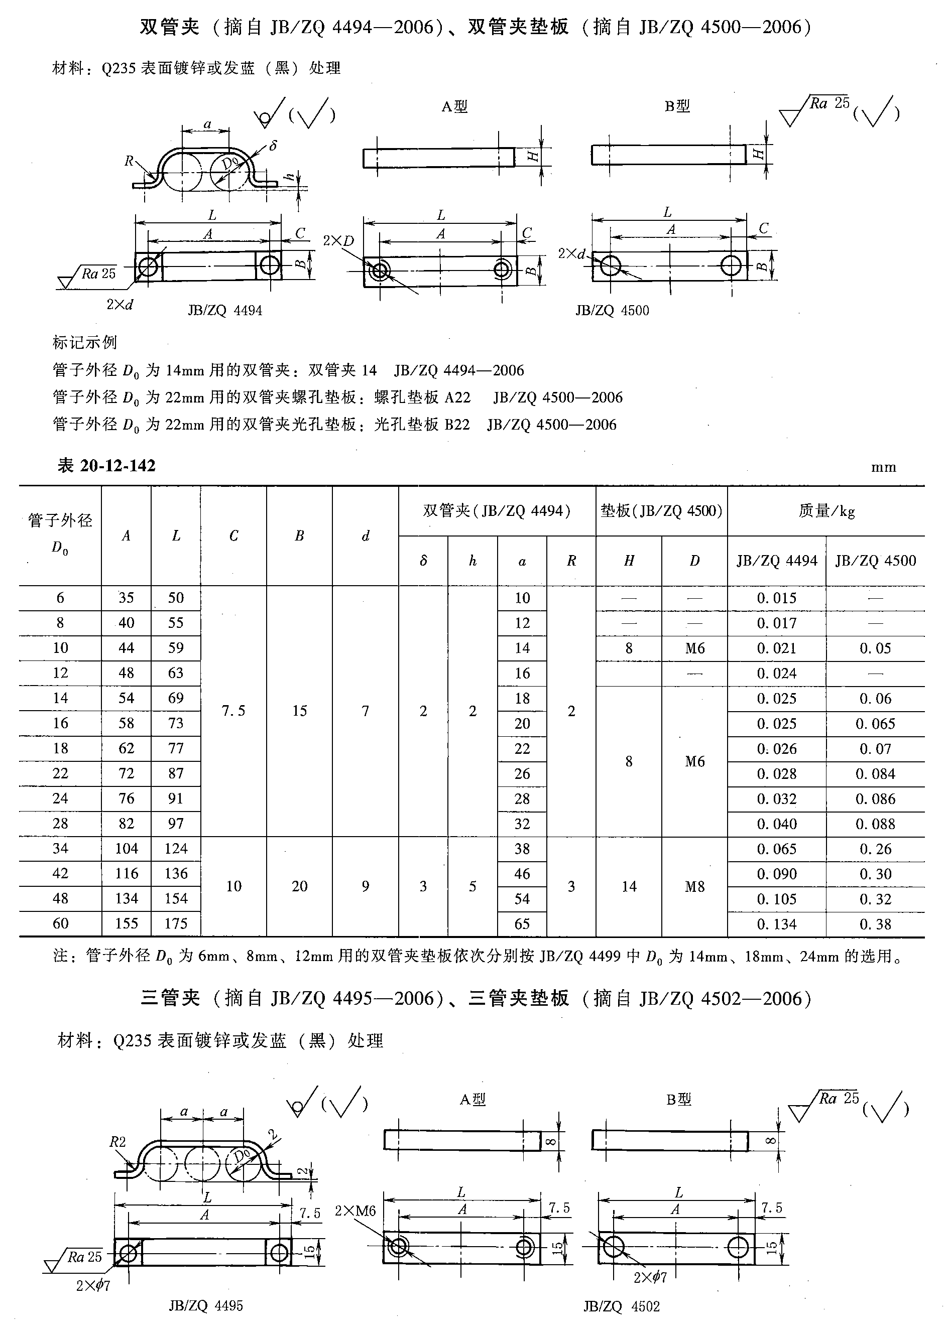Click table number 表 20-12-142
(x=106, y=465)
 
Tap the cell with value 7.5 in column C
(x=233, y=711)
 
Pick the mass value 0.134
(x=777, y=924)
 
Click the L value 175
(x=176, y=923)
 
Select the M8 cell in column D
(x=694, y=886)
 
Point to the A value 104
(x=126, y=849)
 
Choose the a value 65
(x=522, y=924)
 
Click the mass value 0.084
(x=875, y=774)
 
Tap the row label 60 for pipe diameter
(x=60, y=923)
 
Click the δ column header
(x=423, y=561)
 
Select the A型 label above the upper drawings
(x=454, y=106)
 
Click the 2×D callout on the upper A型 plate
(x=339, y=240)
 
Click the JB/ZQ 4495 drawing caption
(x=205, y=1305)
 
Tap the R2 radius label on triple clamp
(x=117, y=1142)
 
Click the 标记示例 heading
(x=85, y=343)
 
